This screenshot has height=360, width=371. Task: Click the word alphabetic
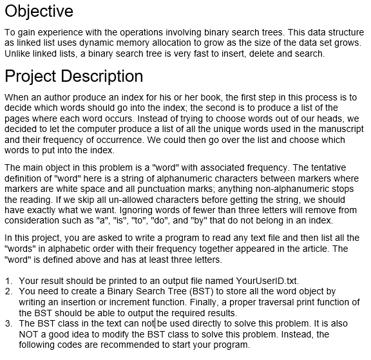[87, 249]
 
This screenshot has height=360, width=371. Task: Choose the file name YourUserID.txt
[267, 281]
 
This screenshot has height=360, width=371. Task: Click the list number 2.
[8, 292]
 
